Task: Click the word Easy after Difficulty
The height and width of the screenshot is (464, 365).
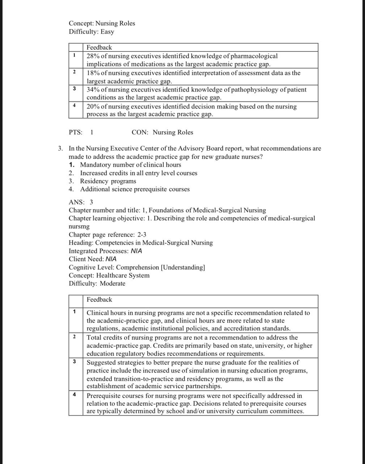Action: tap(107, 32)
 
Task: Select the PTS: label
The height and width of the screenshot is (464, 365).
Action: tap(75, 132)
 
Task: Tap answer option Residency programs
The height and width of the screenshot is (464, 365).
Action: tap(108, 181)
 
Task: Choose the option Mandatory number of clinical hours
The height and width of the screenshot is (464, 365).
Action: tap(131, 165)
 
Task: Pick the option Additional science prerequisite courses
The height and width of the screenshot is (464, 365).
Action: tap(135, 189)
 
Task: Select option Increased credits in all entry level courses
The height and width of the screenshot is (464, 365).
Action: tap(139, 173)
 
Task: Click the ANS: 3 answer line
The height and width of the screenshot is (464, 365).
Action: tap(81, 202)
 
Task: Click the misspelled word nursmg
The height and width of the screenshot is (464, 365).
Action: tap(79, 226)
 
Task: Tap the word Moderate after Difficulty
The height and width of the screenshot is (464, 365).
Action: tap(113, 283)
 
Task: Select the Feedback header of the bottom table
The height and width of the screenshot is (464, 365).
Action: tap(99, 300)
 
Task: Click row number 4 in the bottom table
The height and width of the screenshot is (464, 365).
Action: tap(74, 394)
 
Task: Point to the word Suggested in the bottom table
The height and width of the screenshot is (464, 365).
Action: tap(100, 362)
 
